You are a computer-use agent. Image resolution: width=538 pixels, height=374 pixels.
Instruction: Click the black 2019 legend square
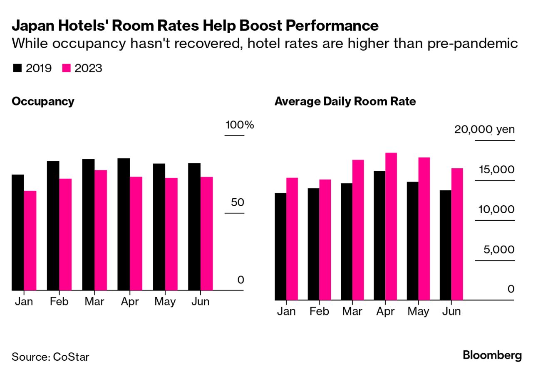(17, 69)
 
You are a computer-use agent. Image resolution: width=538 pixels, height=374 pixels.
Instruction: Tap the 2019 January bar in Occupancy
(18, 232)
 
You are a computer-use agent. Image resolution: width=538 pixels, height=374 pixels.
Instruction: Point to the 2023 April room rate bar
(391, 226)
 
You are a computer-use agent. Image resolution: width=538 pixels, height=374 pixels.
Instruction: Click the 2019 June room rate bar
(446, 245)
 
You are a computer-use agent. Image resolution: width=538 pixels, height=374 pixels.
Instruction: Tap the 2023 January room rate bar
(292, 239)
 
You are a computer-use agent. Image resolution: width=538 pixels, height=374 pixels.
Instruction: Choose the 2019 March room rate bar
(347, 241)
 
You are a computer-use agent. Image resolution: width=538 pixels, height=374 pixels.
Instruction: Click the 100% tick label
(239, 125)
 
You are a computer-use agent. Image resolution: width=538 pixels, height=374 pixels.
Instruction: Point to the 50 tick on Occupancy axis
(237, 203)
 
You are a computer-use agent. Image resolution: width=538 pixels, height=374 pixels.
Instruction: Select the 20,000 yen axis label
(484, 130)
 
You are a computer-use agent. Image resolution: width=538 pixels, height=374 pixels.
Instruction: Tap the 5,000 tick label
(498, 250)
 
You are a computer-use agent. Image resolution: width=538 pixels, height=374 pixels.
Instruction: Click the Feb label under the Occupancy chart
(59, 302)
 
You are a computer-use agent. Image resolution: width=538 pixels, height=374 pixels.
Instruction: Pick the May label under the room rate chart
(418, 311)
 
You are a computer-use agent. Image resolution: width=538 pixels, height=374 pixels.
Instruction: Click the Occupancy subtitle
(43, 101)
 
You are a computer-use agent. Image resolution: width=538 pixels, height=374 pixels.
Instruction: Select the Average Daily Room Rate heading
(345, 101)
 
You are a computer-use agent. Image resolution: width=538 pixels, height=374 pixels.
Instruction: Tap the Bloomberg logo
(492, 356)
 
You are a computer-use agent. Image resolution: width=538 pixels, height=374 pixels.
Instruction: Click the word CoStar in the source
(71, 357)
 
